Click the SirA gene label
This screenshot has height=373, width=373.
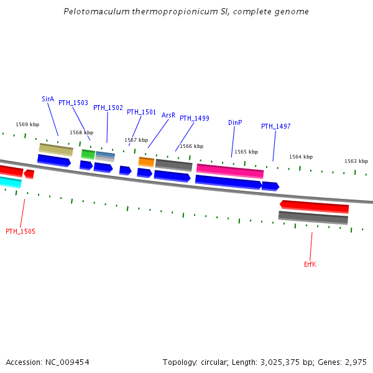(x=48, y=99)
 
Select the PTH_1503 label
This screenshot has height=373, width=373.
(x=73, y=103)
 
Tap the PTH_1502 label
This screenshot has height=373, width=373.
(x=108, y=108)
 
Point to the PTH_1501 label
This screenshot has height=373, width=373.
(x=141, y=112)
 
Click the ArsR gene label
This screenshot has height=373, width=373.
(x=168, y=115)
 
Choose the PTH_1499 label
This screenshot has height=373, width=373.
(x=195, y=118)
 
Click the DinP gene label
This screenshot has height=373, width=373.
(x=235, y=122)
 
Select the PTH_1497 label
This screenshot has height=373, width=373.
(x=275, y=126)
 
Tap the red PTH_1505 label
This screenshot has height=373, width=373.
(x=21, y=231)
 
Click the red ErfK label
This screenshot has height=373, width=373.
(x=310, y=264)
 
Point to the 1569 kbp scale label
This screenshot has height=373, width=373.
(x=27, y=125)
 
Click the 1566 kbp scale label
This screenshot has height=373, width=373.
(x=191, y=146)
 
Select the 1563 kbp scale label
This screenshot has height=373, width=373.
(x=356, y=161)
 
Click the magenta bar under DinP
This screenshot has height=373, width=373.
(x=230, y=170)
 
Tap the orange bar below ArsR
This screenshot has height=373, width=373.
(x=146, y=162)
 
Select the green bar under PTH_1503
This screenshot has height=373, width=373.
(x=88, y=154)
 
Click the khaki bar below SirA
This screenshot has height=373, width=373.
(x=56, y=149)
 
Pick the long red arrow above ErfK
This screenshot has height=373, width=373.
(x=314, y=206)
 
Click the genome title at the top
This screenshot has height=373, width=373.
(x=186, y=12)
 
